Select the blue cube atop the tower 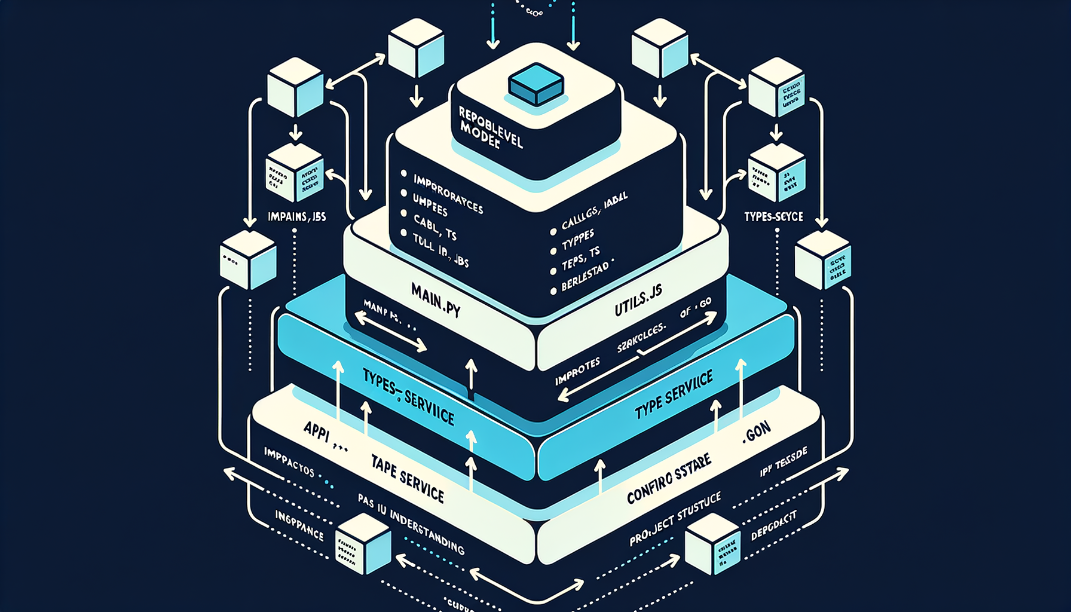click(536, 85)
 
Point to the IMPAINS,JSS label click(297, 216)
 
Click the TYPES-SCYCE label click(773, 216)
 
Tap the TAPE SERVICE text click(407, 479)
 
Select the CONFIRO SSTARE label click(669, 478)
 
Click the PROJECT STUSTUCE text click(675, 519)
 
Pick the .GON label click(757, 432)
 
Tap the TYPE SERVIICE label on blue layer click(674, 395)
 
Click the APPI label click(317, 431)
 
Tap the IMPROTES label click(577, 372)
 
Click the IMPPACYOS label click(289, 461)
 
